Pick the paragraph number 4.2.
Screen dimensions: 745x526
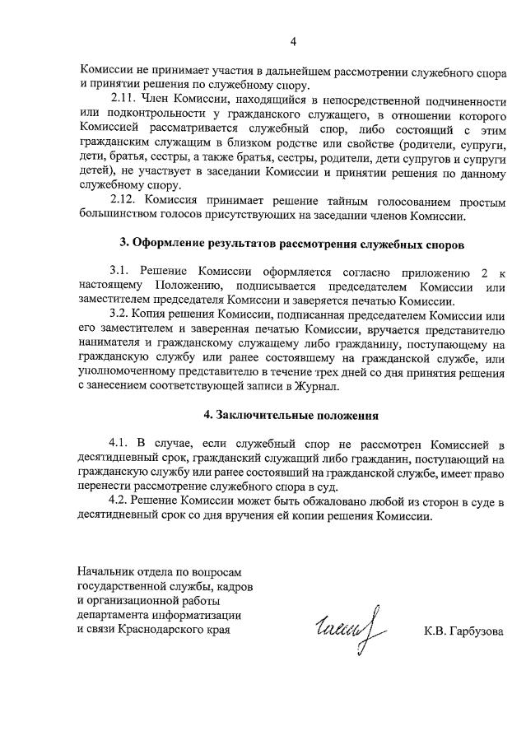pyautogui.click(x=120, y=501)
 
